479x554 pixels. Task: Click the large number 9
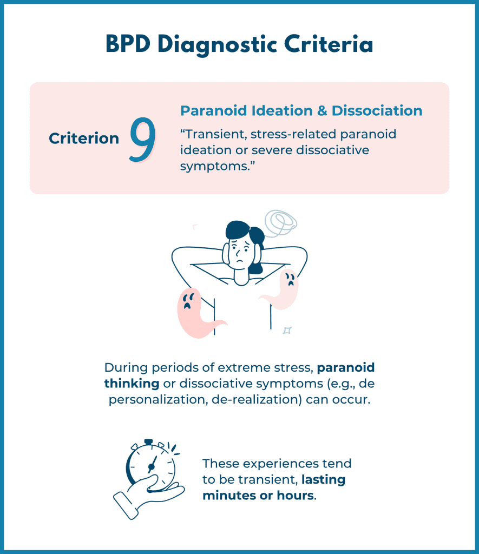pos(142,140)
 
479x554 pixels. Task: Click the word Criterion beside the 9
pos(84,138)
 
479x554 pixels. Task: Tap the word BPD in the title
pos(128,44)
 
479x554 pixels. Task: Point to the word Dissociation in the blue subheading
pos(377,110)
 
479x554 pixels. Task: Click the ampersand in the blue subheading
pos(322,111)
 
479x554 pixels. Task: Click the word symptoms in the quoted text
pos(213,167)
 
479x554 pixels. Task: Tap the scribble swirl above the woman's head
pos(281,223)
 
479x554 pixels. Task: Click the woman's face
pos(240,254)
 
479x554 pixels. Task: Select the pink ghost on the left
pos(197,313)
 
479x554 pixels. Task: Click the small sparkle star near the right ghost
pos(287,331)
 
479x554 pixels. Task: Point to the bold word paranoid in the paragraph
pos(346,368)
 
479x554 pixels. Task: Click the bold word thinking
pos(132,384)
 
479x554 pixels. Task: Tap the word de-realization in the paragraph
pos(257,400)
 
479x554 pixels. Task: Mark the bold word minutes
pos(229,496)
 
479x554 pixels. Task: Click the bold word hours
pos(296,496)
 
